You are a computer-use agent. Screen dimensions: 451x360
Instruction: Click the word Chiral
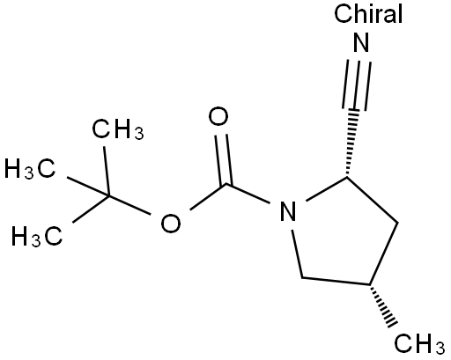(368, 13)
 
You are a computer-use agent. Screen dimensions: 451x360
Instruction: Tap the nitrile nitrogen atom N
(361, 42)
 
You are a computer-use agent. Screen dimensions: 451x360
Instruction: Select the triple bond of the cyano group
(356, 85)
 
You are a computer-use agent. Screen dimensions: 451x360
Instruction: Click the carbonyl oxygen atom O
(218, 117)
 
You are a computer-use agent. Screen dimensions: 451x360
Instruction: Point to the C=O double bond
(224, 160)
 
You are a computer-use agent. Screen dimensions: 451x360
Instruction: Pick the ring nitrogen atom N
(288, 211)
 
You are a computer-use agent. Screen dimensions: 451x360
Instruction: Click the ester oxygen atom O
(171, 224)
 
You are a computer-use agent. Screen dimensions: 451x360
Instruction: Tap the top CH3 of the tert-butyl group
(118, 129)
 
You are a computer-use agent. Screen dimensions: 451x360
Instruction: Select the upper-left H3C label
(30, 169)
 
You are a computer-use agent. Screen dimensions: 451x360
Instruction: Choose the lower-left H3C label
(37, 235)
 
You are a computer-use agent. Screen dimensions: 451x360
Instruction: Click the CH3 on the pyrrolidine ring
(419, 343)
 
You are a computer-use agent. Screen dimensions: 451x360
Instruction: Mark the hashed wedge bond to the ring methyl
(384, 305)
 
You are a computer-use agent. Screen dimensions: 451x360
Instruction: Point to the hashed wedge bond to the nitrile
(351, 143)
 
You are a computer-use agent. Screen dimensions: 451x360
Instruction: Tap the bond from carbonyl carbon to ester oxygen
(208, 197)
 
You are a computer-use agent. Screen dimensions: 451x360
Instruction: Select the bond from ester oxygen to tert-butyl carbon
(129, 205)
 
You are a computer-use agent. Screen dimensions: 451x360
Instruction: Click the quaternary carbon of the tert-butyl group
(108, 195)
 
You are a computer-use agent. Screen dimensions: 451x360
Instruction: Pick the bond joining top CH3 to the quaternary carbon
(106, 171)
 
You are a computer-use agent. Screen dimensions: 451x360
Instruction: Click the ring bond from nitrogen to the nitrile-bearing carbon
(327, 189)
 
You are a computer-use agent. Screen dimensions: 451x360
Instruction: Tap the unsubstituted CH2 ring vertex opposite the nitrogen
(397, 223)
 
